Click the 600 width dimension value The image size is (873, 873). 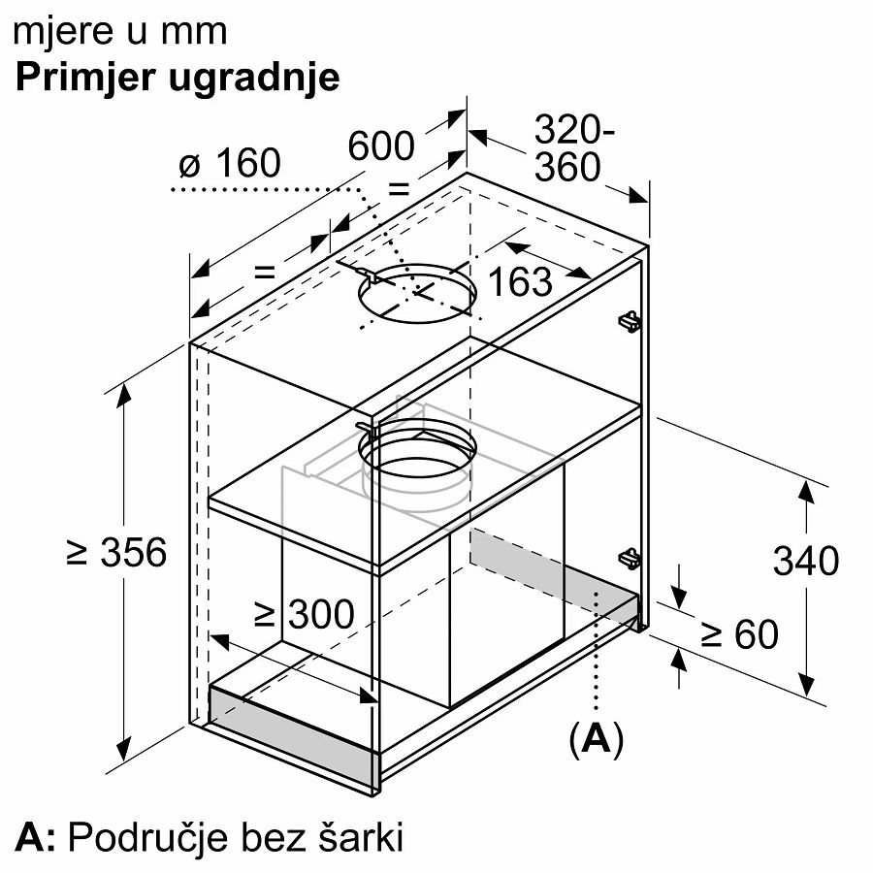pyautogui.click(x=381, y=145)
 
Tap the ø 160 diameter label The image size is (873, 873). pyautogui.click(x=230, y=163)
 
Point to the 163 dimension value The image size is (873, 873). pyautogui.click(x=520, y=281)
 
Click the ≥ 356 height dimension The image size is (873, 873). pyautogui.click(x=116, y=552)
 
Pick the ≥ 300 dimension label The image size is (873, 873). pyautogui.click(x=304, y=615)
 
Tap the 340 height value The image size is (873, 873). pyautogui.click(x=806, y=561)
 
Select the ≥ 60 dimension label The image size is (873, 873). pyautogui.click(x=739, y=634)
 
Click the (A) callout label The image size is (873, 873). pyautogui.click(x=597, y=739)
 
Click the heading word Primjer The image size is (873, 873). pyautogui.click(x=85, y=79)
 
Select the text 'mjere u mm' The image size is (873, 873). pyautogui.click(x=119, y=32)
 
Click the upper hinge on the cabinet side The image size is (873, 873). pyautogui.click(x=630, y=321)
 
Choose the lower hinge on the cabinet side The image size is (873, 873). pyautogui.click(x=630, y=559)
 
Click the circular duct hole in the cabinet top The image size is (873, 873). pyautogui.click(x=417, y=293)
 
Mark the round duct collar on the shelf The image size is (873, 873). pyautogui.click(x=417, y=457)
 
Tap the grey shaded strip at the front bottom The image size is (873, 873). pyautogui.click(x=292, y=735)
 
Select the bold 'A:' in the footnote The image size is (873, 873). pyautogui.click(x=35, y=837)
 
